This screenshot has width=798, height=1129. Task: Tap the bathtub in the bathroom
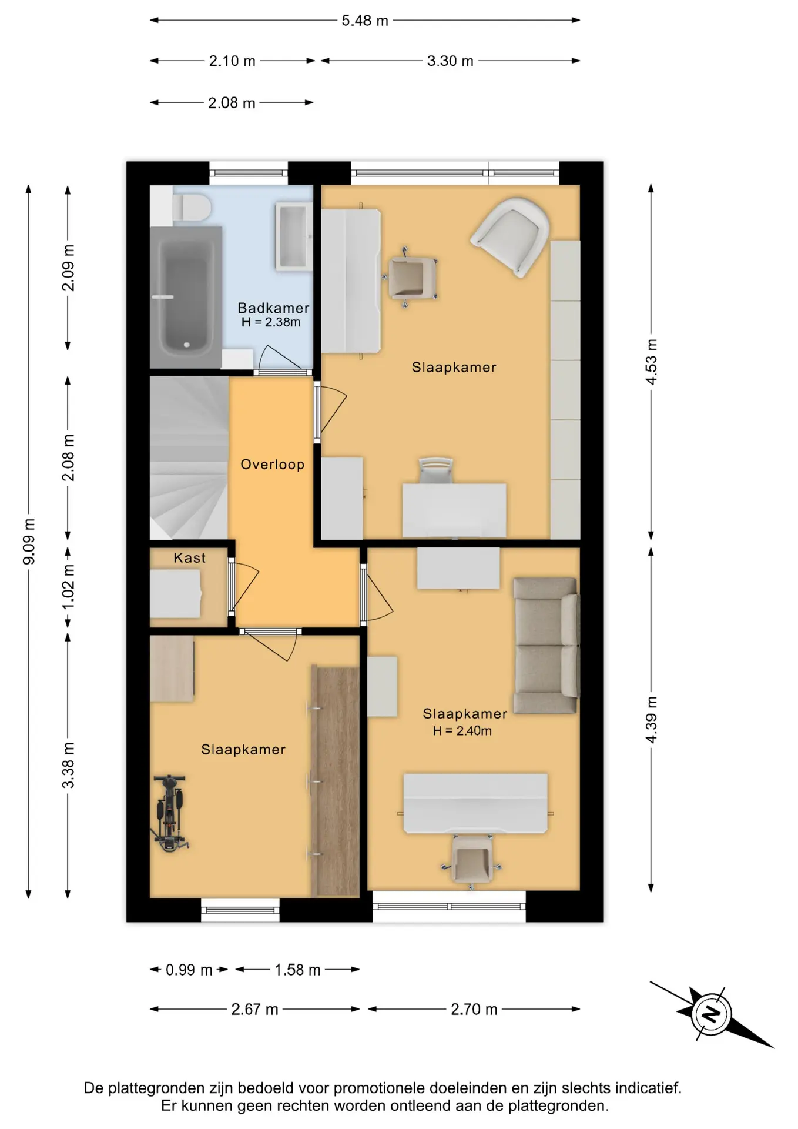click(186, 298)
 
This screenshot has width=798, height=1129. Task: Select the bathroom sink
click(293, 236)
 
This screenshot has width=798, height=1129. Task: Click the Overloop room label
click(273, 465)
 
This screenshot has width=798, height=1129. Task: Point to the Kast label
click(190, 558)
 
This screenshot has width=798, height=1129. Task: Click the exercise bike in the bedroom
click(170, 813)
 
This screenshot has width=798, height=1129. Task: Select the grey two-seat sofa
click(546, 646)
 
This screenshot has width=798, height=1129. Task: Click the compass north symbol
click(711, 1014)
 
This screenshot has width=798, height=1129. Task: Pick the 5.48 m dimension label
click(365, 21)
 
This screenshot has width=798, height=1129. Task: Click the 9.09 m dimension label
click(29, 542)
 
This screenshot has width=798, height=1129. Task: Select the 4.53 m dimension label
click(651, 362)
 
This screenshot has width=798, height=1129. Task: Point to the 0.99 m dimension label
click(189, 970)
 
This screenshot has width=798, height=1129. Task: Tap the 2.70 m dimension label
click(474, 1009)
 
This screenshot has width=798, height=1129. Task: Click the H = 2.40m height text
click(462, 731)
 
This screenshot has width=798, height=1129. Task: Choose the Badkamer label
click(273, 308)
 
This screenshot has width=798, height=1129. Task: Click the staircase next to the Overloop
click(189, 458)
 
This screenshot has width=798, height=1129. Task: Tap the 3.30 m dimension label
click(450, 61)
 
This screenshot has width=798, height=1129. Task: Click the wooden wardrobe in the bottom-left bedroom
click(335, 782)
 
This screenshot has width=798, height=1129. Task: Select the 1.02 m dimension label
click(69, 587)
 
